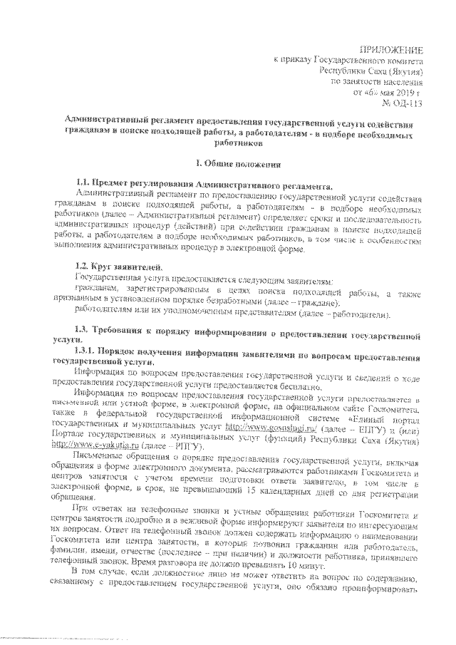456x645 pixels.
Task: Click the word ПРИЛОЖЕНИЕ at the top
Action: (x=393, y=49)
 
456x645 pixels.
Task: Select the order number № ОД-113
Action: (x=403, y=104)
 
